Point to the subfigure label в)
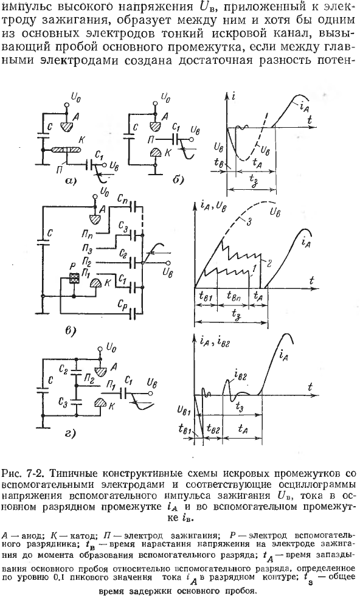(x=71, y=329)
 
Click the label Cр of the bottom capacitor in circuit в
(x=123, y=304)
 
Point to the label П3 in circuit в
(x=86, y=250)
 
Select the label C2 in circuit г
(x=64, y=370)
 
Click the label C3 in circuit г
(x=63, y=401)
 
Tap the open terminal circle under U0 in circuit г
(x=100, y=349)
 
